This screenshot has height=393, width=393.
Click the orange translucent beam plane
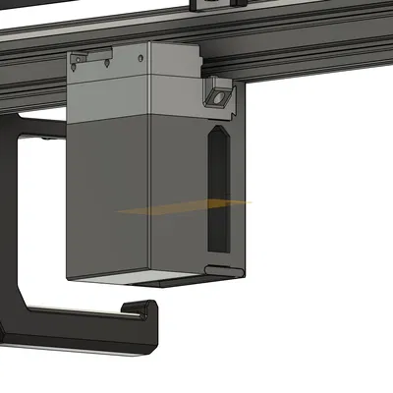(x=187, y=206)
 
